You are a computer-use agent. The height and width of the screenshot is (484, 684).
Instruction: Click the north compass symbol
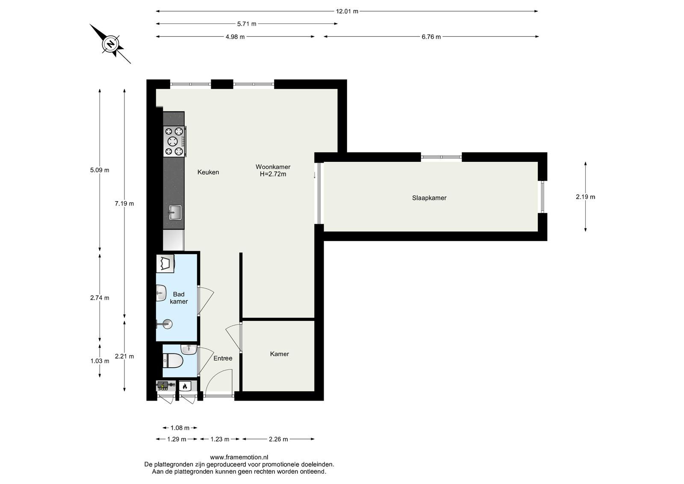point(111,45)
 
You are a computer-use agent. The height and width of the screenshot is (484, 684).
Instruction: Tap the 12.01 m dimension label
point(347,12)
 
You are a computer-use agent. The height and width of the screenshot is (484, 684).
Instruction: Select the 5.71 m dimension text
point(246,24)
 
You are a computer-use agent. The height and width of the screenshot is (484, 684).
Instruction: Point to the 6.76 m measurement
point(431,37)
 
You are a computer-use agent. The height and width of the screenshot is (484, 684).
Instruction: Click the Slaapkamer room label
point(429,198)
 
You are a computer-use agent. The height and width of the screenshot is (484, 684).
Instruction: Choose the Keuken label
point(208,172)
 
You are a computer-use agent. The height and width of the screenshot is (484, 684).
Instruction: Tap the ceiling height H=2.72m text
point(273,174)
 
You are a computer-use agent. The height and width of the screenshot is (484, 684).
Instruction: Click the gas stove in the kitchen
point(174,141)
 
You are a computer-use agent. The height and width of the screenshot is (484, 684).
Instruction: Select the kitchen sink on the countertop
point(175,212)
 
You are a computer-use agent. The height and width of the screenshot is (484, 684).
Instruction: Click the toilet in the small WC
point(173,361)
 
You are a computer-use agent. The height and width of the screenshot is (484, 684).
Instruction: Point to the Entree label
point(223,358)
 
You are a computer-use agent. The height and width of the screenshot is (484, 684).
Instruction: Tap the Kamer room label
point(280,354)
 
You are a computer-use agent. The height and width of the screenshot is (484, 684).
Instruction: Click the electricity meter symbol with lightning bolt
point(162,386)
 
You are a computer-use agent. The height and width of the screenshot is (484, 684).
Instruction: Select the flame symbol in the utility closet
point(184,386)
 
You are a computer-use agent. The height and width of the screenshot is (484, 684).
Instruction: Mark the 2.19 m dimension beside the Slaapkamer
point(585,197)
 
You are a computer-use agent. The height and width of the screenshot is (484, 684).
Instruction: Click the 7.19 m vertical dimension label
point(124,204)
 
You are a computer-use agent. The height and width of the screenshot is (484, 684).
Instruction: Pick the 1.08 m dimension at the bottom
point(180,428)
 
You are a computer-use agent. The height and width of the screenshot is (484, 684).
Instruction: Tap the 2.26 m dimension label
point(278,439)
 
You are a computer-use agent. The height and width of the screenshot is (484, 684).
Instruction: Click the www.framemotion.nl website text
point(239,457)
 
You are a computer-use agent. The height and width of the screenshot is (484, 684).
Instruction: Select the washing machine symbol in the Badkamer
point(165,264)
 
